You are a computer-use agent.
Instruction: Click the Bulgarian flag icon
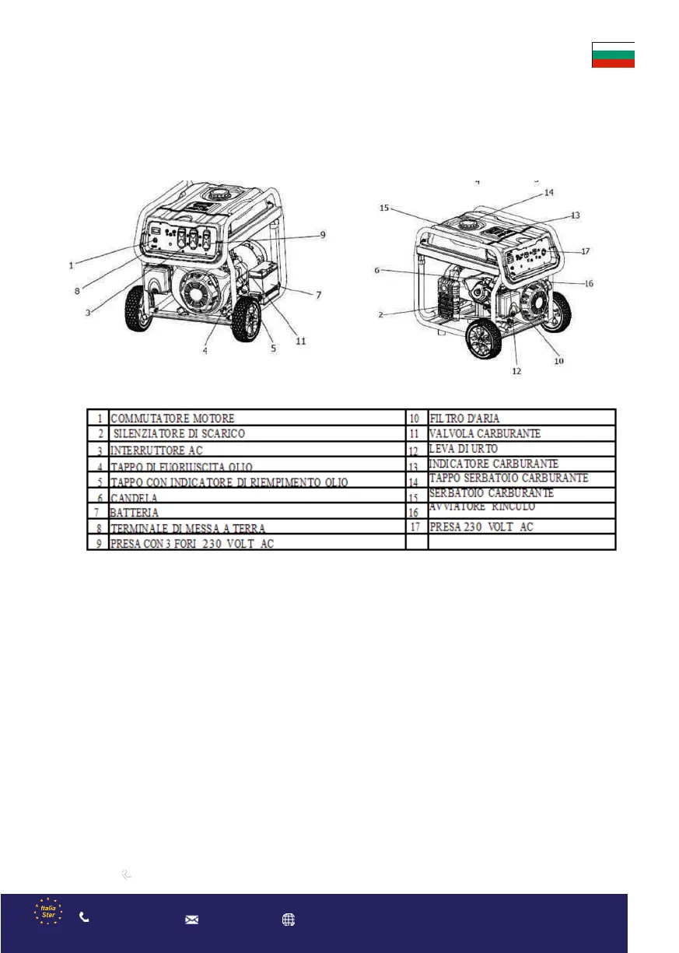coord(613,55)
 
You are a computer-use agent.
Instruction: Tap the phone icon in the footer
coord(84,917)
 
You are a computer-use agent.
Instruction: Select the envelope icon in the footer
coord(191,919)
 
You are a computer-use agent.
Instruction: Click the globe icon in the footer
coord(289,919)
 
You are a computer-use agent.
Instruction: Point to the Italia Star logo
coord(48,912)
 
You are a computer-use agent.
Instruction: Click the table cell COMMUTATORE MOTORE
coord(172,419)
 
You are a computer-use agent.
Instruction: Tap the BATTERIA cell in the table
coord(135,513)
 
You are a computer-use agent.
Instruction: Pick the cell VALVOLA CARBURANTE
coord(485,433)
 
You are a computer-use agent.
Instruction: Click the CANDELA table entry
coord(135,497)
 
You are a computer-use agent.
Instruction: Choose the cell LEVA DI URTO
coord(464,450)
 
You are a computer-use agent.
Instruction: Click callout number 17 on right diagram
coord(585,251)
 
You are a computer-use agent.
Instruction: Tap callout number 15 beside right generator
coord(384,208)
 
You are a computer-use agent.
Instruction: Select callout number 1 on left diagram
coord(71,265)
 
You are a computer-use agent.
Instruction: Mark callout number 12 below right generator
coord(516,371)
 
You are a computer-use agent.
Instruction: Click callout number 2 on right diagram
coord(381,314)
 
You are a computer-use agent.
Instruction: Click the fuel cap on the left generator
coord(215,193)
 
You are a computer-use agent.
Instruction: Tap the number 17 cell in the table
coord(415,527)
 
